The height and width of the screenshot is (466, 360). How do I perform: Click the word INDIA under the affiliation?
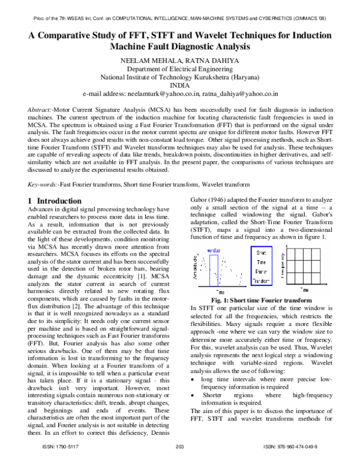click(x=180, y=85)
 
